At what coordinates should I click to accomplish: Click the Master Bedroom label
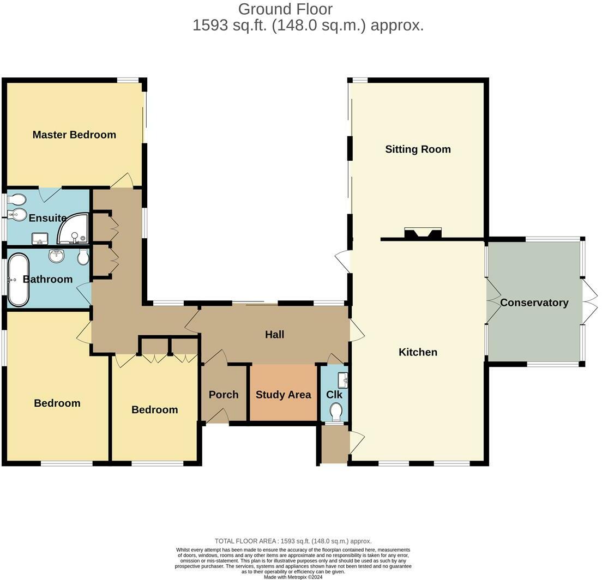click(x=74, y=135)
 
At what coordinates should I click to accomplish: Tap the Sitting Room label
click(x=418, y=149)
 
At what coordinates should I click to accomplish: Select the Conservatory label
click(x=534, y=303)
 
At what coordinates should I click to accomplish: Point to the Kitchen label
click(x=418, y=352)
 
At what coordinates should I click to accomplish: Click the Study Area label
click(x=284, y=395)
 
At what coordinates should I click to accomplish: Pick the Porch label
click(x=224, y=395)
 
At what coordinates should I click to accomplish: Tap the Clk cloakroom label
click(x=334, y=395)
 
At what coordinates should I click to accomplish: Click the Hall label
click(x=274, y=334)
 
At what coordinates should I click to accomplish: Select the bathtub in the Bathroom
click(x=19, y=280)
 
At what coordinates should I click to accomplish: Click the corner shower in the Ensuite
click(x=73, y=229)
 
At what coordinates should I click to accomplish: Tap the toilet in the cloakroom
click(x=336, y=412)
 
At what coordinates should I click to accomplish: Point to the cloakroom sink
click(x=343, y=380)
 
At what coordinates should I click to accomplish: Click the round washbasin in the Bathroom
click(x=57, y=256)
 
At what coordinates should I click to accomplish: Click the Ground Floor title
click(x=285, y=9)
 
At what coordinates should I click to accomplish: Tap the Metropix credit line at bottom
click(x=293, y=577)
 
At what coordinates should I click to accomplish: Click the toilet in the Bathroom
click(x=83, y=257)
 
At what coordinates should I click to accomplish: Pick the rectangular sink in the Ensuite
click(x=40, y=238)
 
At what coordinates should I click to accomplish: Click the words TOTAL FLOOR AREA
click(x=245, y=541)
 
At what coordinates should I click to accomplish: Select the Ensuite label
click(x=47, y=218)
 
